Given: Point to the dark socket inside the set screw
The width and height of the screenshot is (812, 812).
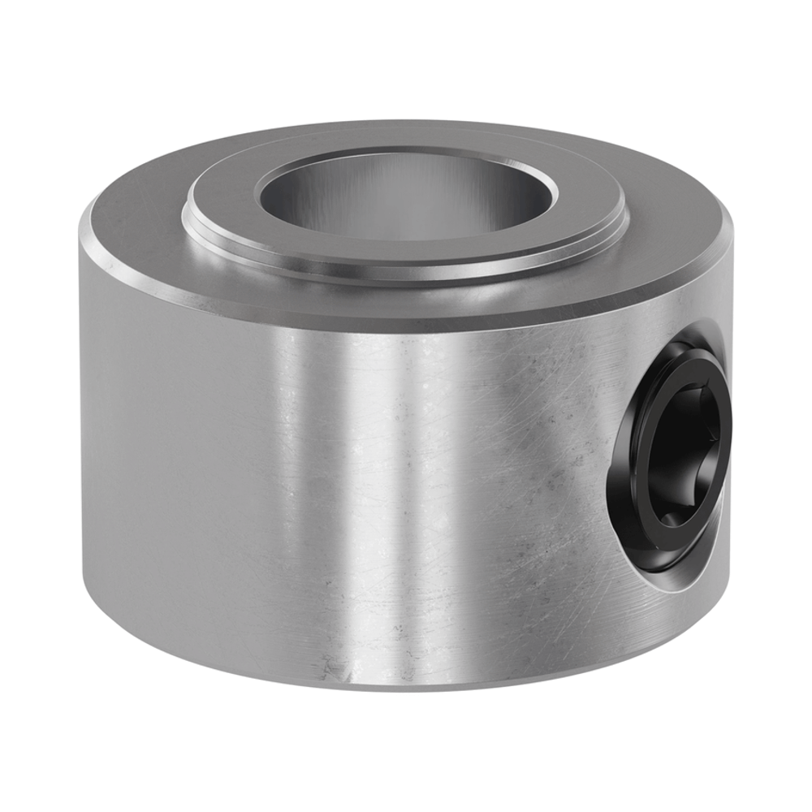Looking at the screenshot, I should pyautogui.click(x=686, y=455).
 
